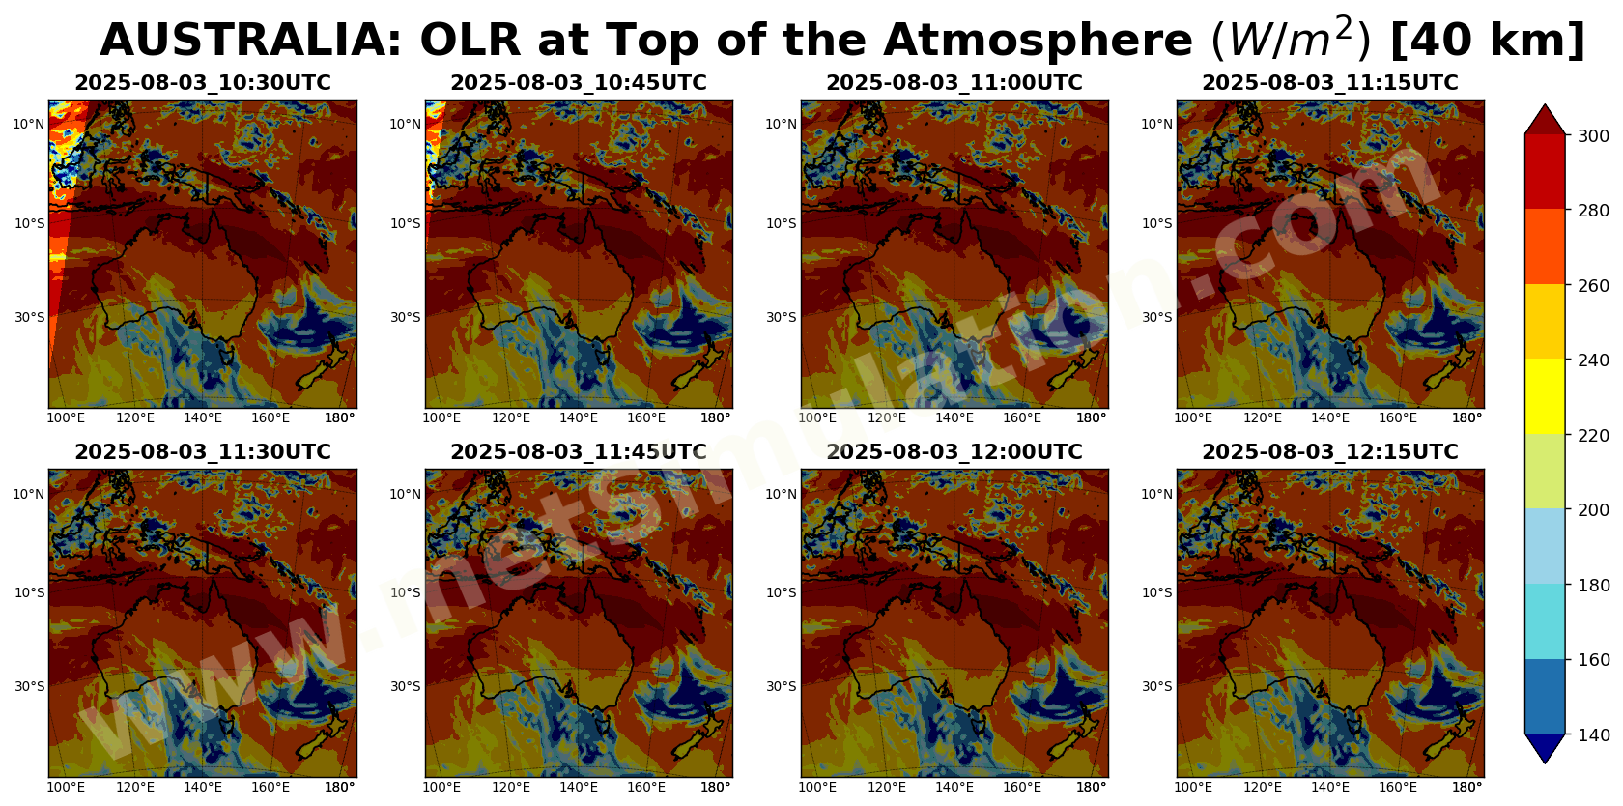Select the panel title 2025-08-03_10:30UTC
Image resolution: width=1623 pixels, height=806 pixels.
pyautogui.click(x=203, y=83)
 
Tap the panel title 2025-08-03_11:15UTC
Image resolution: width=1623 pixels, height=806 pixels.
pyautogui.click(x=1330, y=83)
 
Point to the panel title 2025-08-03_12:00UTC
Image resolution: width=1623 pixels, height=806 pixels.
pyautogui.click(x=954, y=451)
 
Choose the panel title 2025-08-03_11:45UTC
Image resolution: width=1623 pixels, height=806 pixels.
pyautogui.click(x=578, y=451)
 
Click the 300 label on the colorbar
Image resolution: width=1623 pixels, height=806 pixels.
pyautogui.click(x=1593, y=135)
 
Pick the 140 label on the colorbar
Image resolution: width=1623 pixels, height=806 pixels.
pyautogui.click(x=1593, y=734)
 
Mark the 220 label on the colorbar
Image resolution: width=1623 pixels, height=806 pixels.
pyautogui.click(x=1593, y=435)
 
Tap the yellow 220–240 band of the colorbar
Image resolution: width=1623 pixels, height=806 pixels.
pyautogui.click(x=1545, y=396)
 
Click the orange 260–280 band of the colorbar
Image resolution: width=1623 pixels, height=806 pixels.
pyautogui.click(x=1545, y=246)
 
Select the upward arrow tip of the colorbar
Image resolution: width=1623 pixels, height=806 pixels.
pyautogui.click(x=1545, y=104)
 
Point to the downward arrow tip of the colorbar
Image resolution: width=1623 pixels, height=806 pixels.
pyautogui.click(x=1545, y=763)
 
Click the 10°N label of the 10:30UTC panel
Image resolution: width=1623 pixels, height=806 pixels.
pyautogui.click(x=28, y=124)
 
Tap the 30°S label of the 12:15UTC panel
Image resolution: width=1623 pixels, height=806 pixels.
pyautogui.click(x=1156, y=686)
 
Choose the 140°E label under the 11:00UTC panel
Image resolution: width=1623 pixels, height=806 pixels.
pyautogui.click(x=954, y=418)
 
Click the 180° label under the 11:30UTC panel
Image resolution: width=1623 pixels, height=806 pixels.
pyautogui.click(x=340, y=787)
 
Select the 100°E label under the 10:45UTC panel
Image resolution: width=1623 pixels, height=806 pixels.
pyautogui.click(x=441, y=418)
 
